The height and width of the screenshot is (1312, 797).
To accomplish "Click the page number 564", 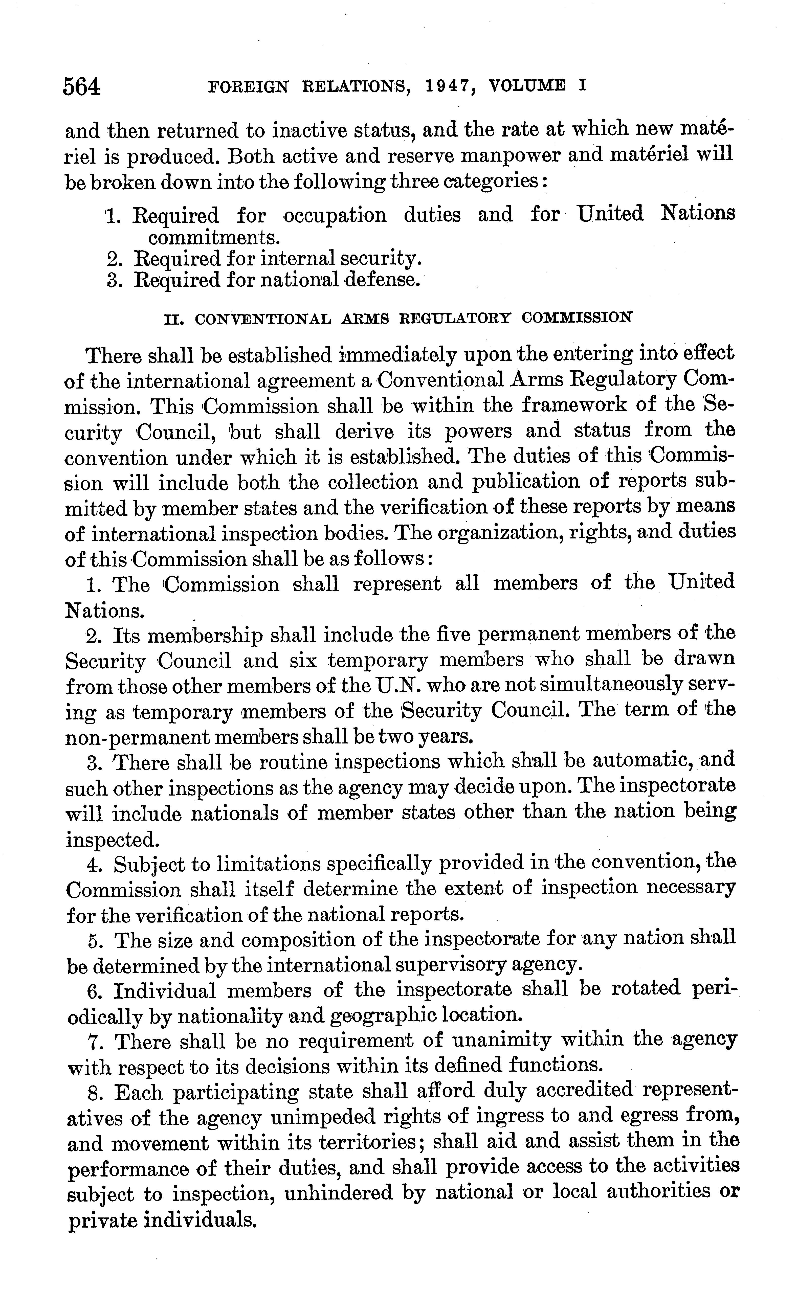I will pos(81,86).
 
